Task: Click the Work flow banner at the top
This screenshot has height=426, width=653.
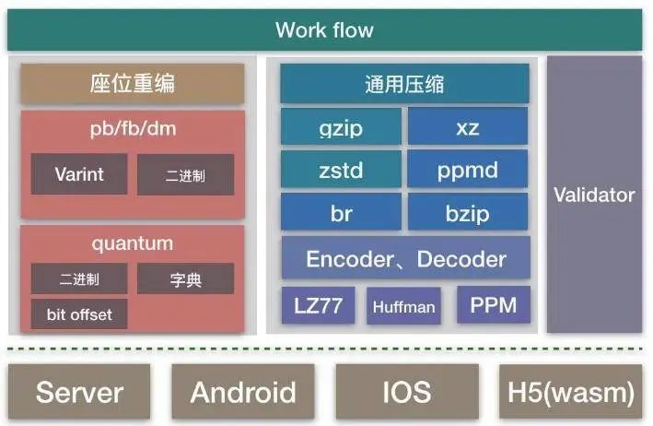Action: point(325,30)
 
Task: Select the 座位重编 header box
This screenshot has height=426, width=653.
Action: point(133,83)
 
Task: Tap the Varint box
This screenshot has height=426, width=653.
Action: point(79,174)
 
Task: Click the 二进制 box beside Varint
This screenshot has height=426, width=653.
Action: point(186,174)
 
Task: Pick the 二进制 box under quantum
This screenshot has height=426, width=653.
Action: point(79,278)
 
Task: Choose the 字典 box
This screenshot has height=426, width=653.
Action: point(186,278)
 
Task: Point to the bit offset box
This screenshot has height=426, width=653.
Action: point(79,314)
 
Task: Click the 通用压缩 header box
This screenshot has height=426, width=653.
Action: point(405,83)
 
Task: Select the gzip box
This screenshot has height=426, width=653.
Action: point(341,126)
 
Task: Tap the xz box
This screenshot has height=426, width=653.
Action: point(468,126)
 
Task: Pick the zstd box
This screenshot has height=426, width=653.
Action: point(341,170)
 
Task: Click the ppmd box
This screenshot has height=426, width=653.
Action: point(468,170)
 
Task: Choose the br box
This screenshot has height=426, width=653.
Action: point(341,212)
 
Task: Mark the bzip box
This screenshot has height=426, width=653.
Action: point(468,212)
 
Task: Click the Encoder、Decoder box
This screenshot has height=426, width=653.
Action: point(406,257)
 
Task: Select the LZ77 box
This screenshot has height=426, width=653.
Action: point(318,305)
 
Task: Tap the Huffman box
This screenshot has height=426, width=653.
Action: point(403,305)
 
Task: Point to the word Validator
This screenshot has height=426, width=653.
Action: point(594,195)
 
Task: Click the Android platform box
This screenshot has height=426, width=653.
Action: point(243,391)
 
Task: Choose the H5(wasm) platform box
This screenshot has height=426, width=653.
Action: point(570,391)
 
